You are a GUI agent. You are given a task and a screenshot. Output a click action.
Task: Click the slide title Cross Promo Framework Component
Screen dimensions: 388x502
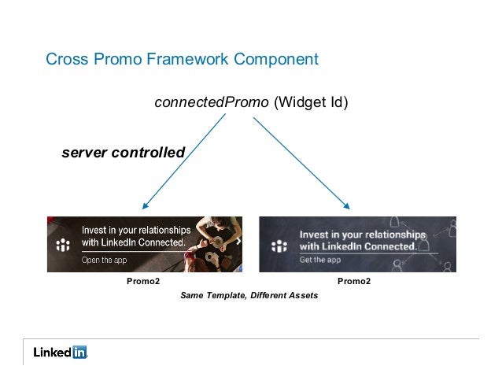tap(182, 59)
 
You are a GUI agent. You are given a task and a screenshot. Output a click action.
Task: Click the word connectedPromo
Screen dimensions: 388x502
tap(211, 102)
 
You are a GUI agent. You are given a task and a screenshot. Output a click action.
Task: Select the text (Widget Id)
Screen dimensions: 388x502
tap(311, 102)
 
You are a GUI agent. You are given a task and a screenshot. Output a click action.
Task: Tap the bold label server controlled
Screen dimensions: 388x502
tap(123, 152)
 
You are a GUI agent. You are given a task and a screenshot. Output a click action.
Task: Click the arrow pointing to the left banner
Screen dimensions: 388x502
tap(183, 161)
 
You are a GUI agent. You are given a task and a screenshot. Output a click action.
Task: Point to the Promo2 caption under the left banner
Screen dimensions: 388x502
tap(143, 281)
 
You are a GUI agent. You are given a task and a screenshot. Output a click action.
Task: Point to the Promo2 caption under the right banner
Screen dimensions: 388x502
tap(354, 281)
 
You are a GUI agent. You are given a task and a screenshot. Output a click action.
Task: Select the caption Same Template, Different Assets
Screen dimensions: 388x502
tap(249, 296)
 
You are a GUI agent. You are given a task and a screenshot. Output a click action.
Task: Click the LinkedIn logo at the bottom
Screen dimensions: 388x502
tap(60, 353)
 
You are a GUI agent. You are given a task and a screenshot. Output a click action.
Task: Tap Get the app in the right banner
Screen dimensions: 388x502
tap(319, 260)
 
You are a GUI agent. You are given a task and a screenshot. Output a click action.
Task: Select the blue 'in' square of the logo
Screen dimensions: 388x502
tap(79, 353)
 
